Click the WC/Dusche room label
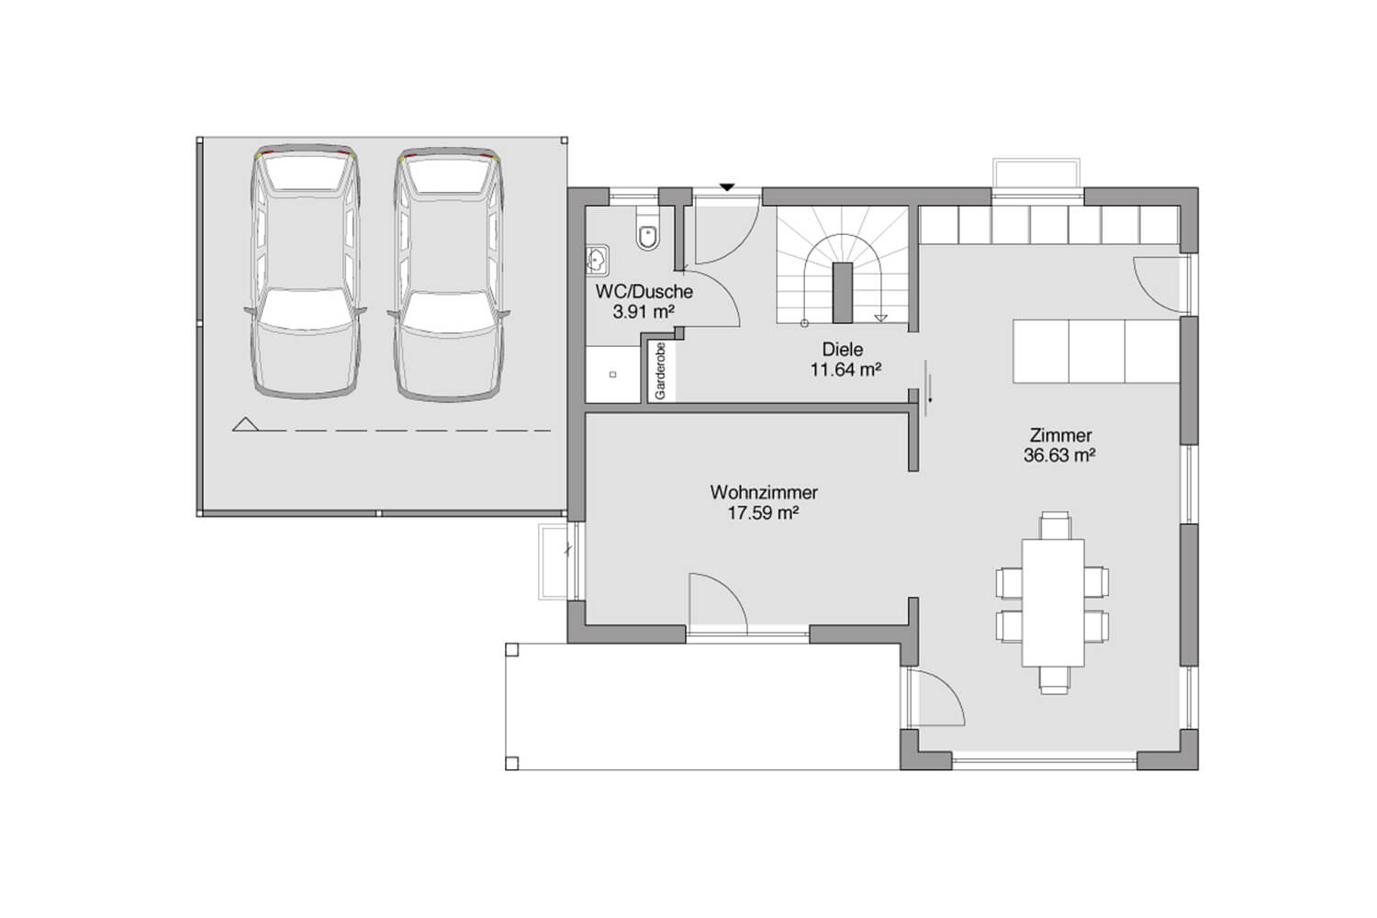tap(644, 291)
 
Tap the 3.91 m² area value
tap(644, 312)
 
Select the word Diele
tap(842, 349)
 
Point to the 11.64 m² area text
tap(845, 370)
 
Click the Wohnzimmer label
tap(764, 493)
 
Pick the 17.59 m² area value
tap(764, 513)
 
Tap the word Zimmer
tap(1060, 435)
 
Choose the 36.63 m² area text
tap(1059, 455)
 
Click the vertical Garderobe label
tap(660, 371)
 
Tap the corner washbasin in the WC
tap(597, 260)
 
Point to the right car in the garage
tap(448, 274)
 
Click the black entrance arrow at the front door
tap(727, 187)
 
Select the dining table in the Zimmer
tap(1052, 602)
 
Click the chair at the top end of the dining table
tap(1055, 525)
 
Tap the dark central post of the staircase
tap(843, 293)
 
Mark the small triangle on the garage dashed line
tap(245, 424)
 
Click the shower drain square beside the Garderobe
tap(612, 375)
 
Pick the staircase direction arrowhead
tap(881, 318)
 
